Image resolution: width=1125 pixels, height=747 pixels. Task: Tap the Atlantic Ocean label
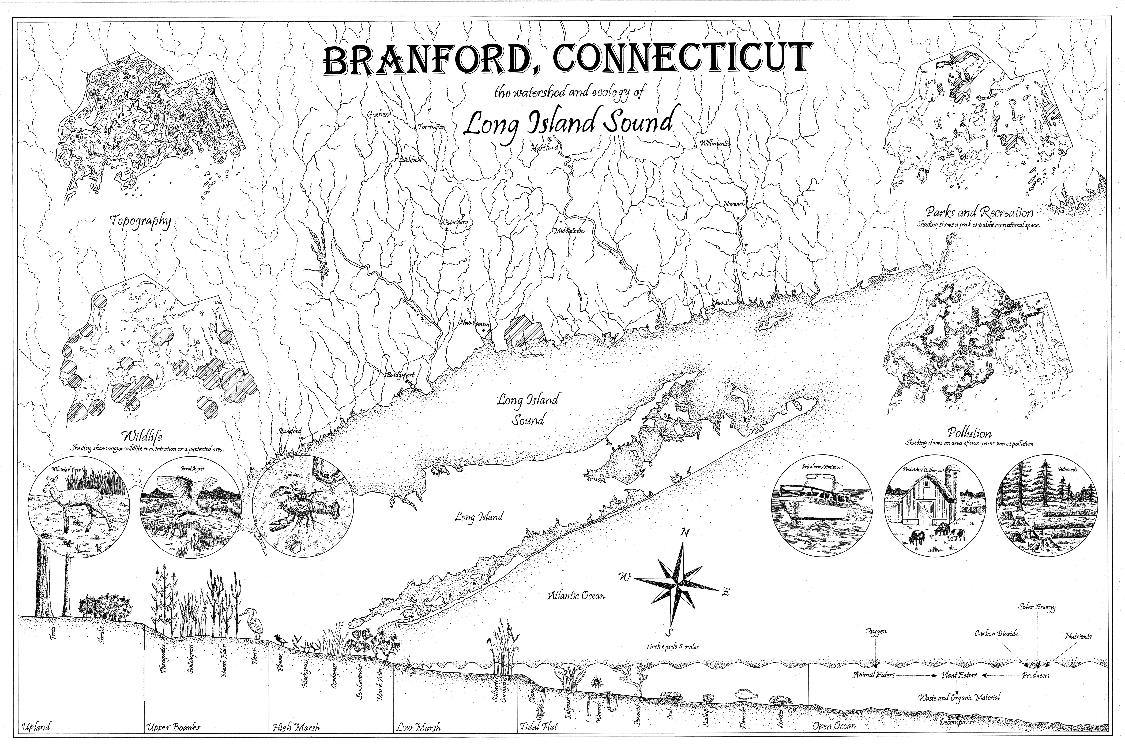[576, 596]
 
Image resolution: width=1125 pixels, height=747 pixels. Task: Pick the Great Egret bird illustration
[187, 510]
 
